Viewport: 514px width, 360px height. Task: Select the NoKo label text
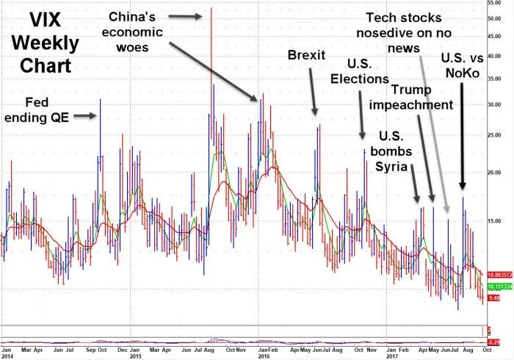pyautogui.click(x=460, y=72)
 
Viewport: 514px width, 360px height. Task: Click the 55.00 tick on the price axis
pyautogui.click(x=496, y=4)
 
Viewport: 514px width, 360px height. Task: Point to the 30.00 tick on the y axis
pyautogui.click(x=496, y=104)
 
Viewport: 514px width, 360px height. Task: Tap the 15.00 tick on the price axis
pyautogui.click(x=496, y=221)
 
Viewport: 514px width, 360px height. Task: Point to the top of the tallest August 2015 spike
pyautogui.click(x=211, y=9)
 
